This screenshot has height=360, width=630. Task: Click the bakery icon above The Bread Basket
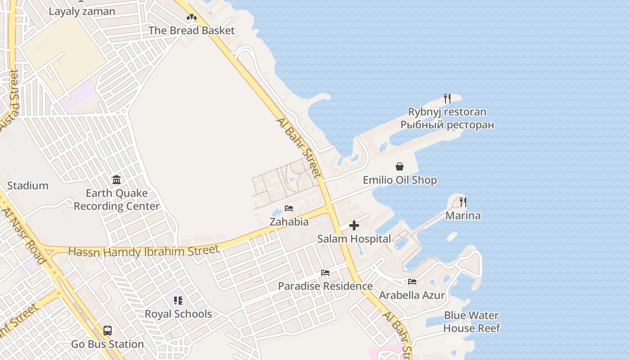click(x=192, y=17)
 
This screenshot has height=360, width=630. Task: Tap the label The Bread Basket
click(x=192, y=31)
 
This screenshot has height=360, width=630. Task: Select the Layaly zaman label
click(x=82, y=12)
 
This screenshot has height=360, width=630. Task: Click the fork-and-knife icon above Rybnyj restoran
click(x=447, y=99)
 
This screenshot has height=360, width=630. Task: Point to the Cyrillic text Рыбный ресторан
click(x=447, y=125)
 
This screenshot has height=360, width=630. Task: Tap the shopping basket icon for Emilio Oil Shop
click(x=400, y=167)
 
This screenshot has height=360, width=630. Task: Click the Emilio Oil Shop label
click(x=400, y=180)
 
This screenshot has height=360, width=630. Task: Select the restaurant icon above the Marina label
click(x=463, y=202)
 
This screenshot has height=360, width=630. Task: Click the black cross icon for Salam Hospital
click(x=354, y=225)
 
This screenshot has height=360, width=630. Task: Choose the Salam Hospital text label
click(x=354, y=239)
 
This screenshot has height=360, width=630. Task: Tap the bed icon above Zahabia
click(x=289, y=208)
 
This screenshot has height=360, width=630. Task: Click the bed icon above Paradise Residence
click(x=325, y=273)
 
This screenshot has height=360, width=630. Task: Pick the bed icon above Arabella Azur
click(x=412, y=282)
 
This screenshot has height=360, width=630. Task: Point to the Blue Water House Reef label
click(x=471, y=322)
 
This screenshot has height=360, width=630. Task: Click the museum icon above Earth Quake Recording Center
click(x=117, y=180)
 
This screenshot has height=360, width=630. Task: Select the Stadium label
click(x=28, y=185)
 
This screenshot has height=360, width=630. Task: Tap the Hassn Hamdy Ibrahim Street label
click(x=144, y=252)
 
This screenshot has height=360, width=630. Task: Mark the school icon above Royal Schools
click(x=178, y=301)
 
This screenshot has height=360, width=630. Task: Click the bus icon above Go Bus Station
click(x=108, y=331)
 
